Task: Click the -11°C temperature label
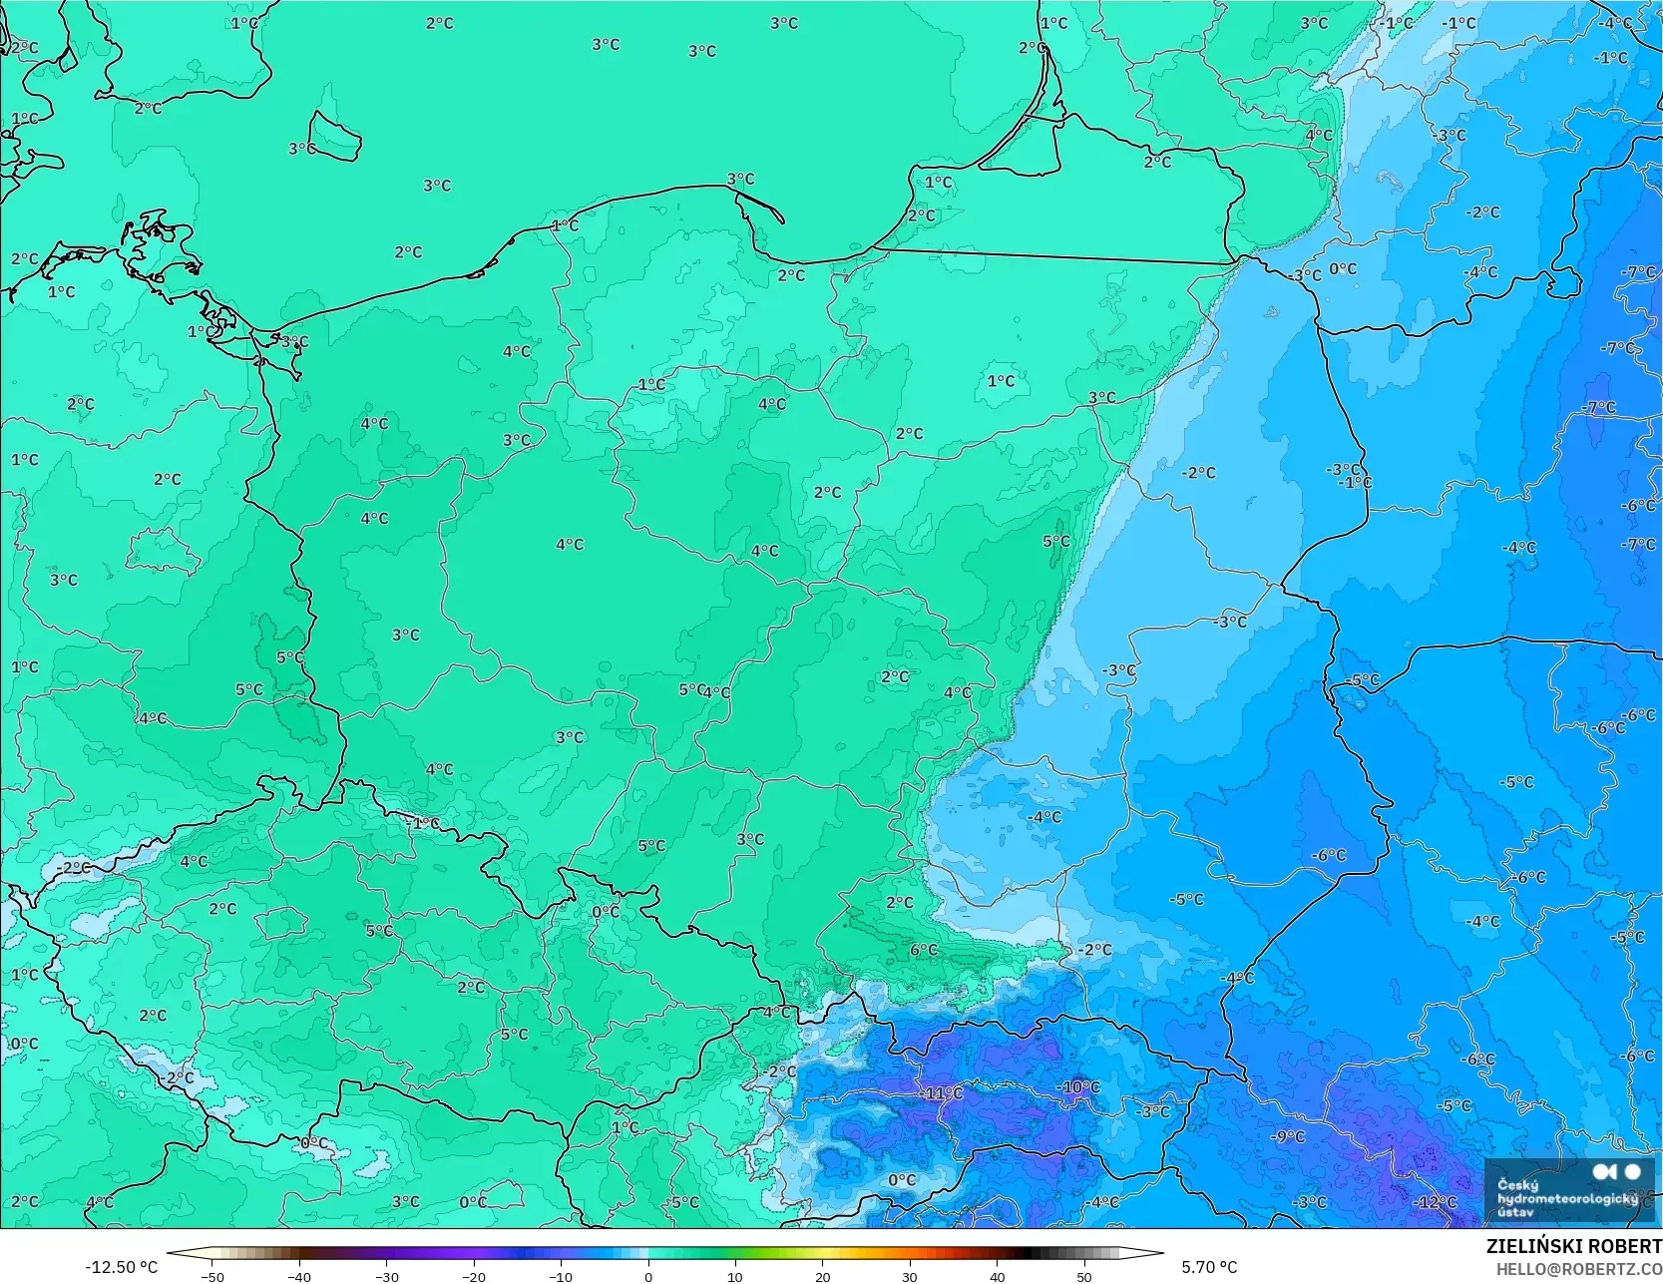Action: tap(942, 1093)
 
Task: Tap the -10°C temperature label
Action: tap(1078, 1087)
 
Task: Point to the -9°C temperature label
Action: tap(1287, 1136)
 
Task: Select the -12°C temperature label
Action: tap(1436, 1202)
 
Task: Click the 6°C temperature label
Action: tap(924, 950)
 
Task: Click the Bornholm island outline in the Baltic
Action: tap(334, 136)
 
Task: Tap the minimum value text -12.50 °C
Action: tap(121, 1267)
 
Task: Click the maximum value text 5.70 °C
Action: tap(1209, 1267)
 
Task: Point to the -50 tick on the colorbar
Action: tap(211, 1276)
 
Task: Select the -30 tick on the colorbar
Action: tap(386, 1276)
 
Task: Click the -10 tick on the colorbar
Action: tap(561, 1276)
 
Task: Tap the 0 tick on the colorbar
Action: tap(648, 1276)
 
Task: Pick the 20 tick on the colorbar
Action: tap(823, 1276)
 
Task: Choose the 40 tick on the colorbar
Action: tap(998, 1276)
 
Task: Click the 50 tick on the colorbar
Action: tap(1084, 1276)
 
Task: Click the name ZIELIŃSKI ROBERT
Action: tap(1573, 1246)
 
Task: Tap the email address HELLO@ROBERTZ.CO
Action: tap(1578, 1268)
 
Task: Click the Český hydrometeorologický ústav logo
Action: tap(1567, 1189)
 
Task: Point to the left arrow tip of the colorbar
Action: tap(169, 1253)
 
